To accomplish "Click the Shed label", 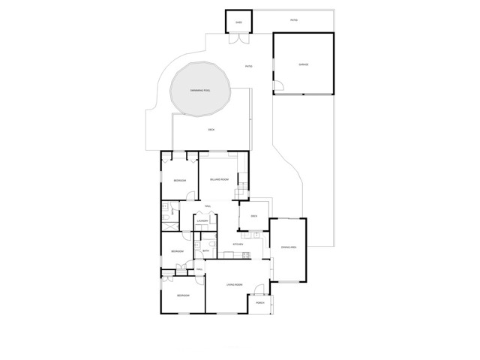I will click(x=239, y=22).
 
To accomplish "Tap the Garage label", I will click(x=304, y=64).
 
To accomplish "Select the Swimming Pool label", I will click(x=199, y=90).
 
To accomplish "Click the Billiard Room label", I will click(x=218, y=180).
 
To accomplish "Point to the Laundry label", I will click(x=202, y=221).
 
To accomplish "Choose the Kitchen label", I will click(x=238, y=244).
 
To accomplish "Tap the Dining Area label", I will click(x=289, y=247).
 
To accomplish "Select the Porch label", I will click(x=260, y=303).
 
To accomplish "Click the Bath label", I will click(x=195, y=251).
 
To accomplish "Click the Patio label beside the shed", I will click(x=295, y=19).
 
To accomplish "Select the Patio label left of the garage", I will click(x=249, y=67).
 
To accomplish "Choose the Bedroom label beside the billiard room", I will click(x=180, y=181).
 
